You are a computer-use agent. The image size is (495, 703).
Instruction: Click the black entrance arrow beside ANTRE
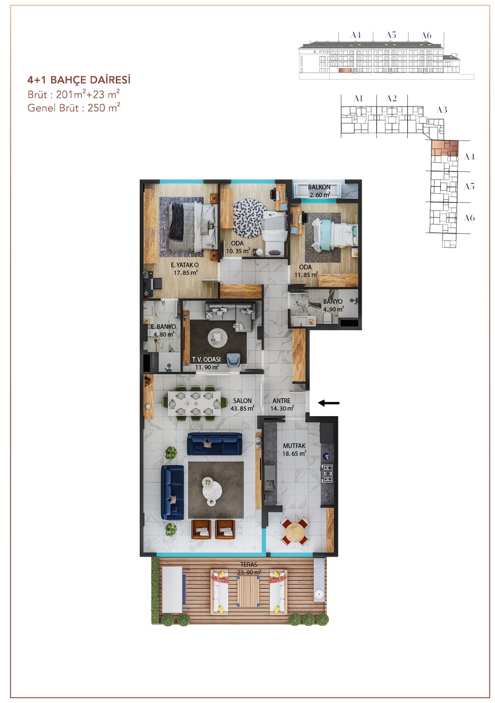pyautogui.click(x=329, y=403)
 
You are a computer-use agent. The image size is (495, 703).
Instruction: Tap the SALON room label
pyautogui.click(x=242, y=401)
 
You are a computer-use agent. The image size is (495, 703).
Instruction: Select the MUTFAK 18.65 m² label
pyautogui.click(x=294, y=450)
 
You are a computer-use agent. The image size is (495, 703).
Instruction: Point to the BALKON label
pyautogui.click(x=319, y=187)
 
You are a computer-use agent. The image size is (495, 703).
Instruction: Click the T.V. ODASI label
pyautogui.click(x=206, y=359)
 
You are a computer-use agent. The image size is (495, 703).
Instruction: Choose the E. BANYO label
pyautogui.click(x=163, y=327)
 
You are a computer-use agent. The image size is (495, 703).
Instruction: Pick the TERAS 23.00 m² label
pyautogui.click(x=249, y=569)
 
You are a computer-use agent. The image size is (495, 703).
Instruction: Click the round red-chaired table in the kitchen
pyautogui.click(x=295, y=532)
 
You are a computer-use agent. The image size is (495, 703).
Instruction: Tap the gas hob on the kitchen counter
pyautogui.click(x=327, y=473)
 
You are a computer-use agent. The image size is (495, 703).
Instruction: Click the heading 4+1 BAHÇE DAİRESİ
pyautogui.click(x=79, y=80)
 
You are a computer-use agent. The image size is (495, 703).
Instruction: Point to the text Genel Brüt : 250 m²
pyautogui.click(x=74, y=108)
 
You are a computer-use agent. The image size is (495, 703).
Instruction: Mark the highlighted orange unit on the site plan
pyautogui.click(x=445, y=148)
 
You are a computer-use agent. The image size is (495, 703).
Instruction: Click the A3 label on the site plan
pyautogui.click(x=442, y=110)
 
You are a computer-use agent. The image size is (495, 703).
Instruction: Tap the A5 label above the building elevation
pyautogui.click(x=391, y=35)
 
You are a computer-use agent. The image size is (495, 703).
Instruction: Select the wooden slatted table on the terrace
pyautogui.click(x=248, y=592)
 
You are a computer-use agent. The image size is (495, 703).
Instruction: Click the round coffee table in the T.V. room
pyautogui.click(x=218, y=338)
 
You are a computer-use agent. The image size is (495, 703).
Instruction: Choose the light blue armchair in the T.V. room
pyautogui.click(x=234, y=360)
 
